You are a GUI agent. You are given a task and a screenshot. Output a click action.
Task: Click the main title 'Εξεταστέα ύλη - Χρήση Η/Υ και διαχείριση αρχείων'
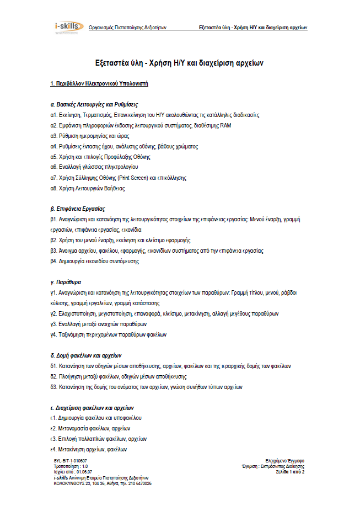179,63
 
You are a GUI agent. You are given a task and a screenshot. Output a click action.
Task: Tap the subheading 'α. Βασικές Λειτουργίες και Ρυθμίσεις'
94,104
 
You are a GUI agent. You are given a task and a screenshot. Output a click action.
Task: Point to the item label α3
53,136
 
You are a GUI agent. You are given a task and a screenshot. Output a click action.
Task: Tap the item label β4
53,261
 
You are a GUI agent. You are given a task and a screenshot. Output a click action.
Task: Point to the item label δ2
53,376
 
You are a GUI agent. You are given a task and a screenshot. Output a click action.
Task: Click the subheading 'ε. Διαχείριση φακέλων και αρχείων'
93,408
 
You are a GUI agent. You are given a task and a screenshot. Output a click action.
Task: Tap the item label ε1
53,418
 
